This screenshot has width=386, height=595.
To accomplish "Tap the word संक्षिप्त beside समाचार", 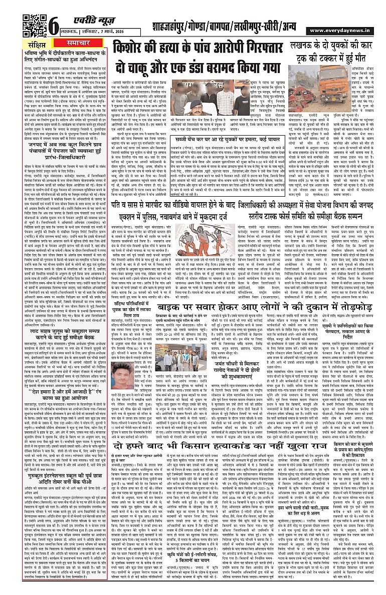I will click(x=39, y=44).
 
